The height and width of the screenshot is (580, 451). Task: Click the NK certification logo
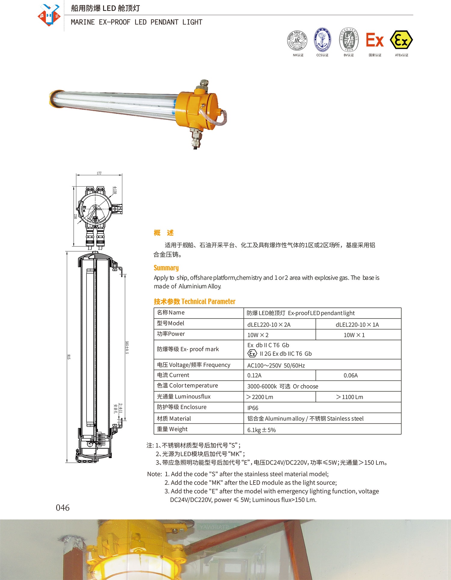click(297, 40)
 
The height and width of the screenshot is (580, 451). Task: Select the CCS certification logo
click(322, 40)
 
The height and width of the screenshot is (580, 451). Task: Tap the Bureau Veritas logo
click(349, 40)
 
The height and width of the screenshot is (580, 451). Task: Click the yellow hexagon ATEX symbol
click(401, 40)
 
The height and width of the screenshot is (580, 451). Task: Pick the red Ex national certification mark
click(375, 40)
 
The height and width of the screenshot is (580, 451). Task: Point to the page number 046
click(63, 508)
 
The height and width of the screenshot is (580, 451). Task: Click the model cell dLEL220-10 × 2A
click(269, 325)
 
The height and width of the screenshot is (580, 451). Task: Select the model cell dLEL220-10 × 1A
click(357, 325)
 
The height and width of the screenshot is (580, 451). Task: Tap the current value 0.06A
click(351, 375)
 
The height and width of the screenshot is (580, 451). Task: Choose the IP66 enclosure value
click(253, 408)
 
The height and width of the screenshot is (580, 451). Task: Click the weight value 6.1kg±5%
click(261, 430)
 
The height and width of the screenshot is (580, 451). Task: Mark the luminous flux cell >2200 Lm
click(260, 397)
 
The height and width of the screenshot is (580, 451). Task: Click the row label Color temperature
click(187, 386)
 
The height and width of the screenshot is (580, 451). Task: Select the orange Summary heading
click(166, 268)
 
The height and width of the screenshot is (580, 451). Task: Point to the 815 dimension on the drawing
click(69, 357)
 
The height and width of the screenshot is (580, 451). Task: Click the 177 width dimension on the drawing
click(99, 173)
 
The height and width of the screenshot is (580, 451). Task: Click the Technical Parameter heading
click(195, 301)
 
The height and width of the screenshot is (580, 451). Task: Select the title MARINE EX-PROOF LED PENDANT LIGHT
click(137, 22)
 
